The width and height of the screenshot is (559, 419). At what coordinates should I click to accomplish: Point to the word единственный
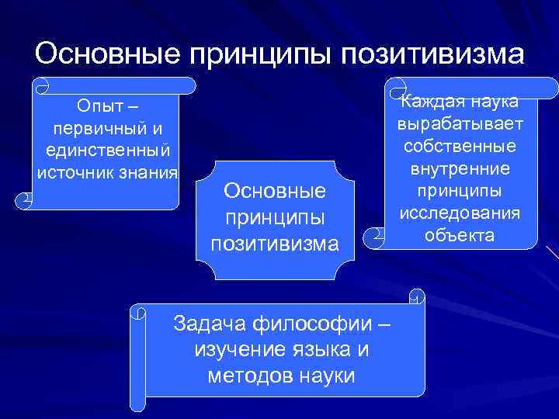tap(107, 149)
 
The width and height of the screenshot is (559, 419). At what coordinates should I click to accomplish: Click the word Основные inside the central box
tap(275, 191)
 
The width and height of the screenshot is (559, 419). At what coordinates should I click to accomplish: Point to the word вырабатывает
tap(460, 125)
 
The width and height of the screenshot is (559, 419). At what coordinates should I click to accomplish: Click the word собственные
tap(460, 147)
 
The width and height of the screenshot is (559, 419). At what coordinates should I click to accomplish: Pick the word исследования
tap(460, 213)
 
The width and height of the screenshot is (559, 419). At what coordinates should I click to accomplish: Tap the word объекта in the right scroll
tap(460, 234)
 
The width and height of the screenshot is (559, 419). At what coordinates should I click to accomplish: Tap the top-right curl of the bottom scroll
tap(418, 297)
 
